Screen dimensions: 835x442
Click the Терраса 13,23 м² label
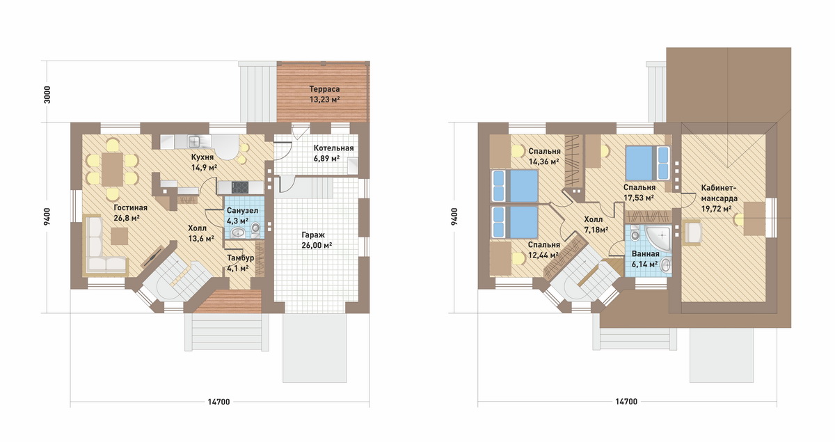pyautogui.click(x=325, y=95)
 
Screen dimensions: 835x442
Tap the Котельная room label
pyautogui.click(x=333, y=148)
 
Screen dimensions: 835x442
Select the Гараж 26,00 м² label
pyautogui.click(x=317, y=240)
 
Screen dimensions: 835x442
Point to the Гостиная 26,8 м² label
pyautogui.click(x=131, y=213)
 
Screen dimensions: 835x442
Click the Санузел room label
pyautogui.click(x=242, y=211)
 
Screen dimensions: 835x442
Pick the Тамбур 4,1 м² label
pyautogui.click(x=241, y=263)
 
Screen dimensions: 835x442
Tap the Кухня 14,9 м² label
pyautogui.click(x=205, y=162)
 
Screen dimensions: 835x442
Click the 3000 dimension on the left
pyautogui.click(x=47, y=95)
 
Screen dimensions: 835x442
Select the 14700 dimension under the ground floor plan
pyautogui.click(x=218, y=402)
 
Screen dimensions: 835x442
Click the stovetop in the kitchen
pyautogui.click(x=239, y=187)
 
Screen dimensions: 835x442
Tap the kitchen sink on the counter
pyautogui.click(x=195, y=142)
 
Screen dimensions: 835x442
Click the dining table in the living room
pyautogui.click(x=112, y=169)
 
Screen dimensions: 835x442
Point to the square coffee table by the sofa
pyautogui.click(x=119, y=236)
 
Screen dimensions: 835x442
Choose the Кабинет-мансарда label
pyautogui.click(x=719, y=193)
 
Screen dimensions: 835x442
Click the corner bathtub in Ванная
pyautogui.click(x=659, y=238)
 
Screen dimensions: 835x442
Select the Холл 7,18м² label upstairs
pyautogui.click(x=596, y=225)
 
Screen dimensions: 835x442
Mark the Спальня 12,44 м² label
pyautogui.click(x=544, y=250)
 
